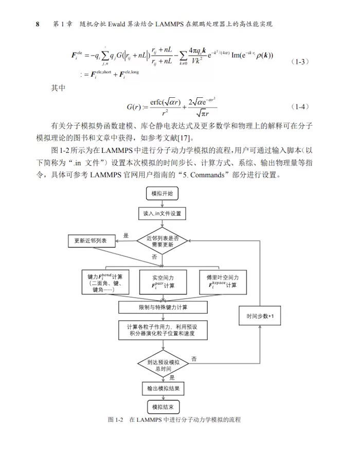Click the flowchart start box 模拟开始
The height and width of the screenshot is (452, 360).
(162, 194)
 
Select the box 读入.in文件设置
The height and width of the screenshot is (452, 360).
(162, 213)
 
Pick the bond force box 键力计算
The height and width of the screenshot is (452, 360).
(106, 282)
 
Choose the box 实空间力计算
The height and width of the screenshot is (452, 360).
(163, 282)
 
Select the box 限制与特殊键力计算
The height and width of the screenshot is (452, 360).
(163, 307)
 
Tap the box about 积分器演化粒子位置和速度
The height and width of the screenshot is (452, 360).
(163, 331)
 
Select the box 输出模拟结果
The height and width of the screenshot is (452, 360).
(163, 388)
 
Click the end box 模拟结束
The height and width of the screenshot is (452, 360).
(163, 408)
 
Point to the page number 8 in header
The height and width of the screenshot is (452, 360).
(38, 24)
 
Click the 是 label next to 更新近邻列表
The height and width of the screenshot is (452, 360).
(125, 236)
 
